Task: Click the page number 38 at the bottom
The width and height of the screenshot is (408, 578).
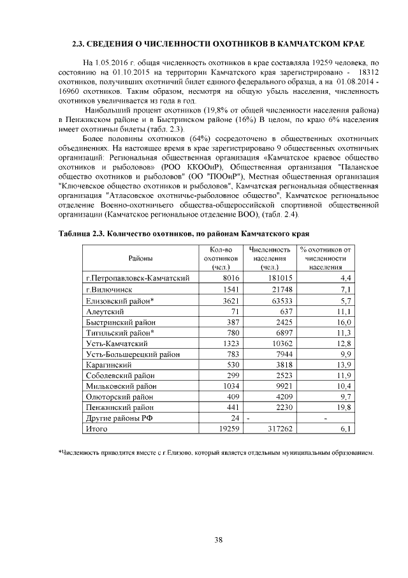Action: [218, 540]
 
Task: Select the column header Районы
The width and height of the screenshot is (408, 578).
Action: [140, 258]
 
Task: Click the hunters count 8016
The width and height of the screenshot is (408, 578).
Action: [228, 278]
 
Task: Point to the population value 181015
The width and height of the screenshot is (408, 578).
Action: [280, 278]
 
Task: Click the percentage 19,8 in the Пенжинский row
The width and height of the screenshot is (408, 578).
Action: [344, 407]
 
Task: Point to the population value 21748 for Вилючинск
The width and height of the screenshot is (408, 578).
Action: [282, 289]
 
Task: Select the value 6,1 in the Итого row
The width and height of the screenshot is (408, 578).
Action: [346, 429]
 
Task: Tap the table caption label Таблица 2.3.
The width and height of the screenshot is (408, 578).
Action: [83, 234]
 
